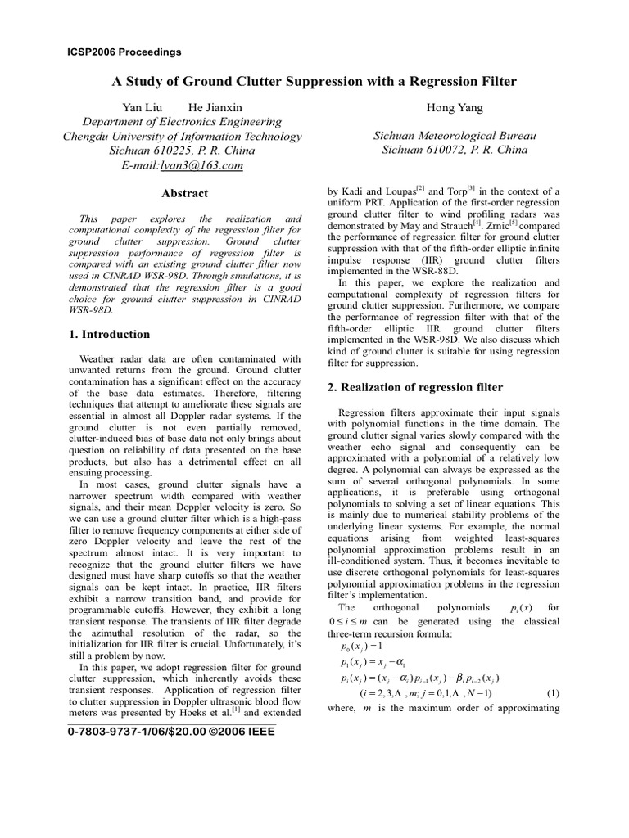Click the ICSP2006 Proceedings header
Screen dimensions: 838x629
[124, 52]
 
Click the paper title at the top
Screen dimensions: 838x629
[314, 83]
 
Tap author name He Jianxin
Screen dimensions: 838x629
[215, 107]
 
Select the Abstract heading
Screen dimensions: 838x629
[184, 194]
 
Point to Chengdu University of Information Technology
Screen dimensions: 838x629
[183, 137]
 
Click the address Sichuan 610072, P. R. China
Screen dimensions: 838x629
[445, 151]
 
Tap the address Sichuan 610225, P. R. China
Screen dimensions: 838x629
[182, 151]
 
